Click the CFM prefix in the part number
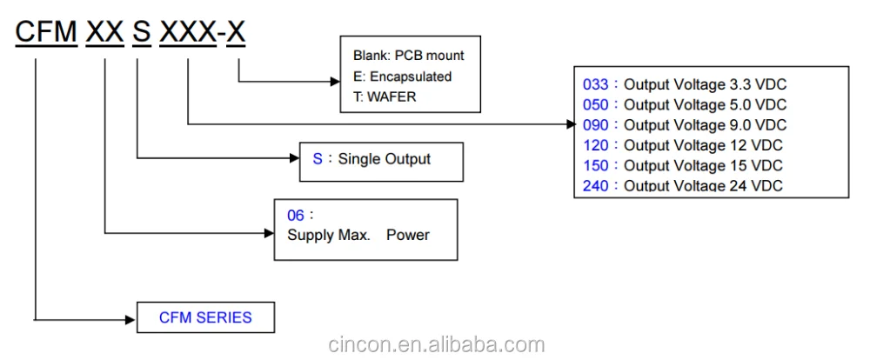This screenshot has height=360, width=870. click(x=46, y=31)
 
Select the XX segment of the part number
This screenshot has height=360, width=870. click(x=105, y=31)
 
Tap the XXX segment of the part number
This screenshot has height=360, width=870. click(x=188, y=31)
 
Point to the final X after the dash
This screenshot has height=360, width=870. click(x=237, y=31)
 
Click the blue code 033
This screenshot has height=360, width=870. click(x=595, y=85)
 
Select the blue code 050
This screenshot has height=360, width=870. click(x=595, y=105)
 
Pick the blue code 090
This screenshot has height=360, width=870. click(x=595, y=125)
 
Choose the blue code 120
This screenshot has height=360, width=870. click(x=595, y=145)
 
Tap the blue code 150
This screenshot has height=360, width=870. click(x=595, y=165)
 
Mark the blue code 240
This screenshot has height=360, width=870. click(x=595, y=186)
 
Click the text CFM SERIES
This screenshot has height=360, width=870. click(x=205, y=318)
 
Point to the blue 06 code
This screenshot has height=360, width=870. click(x=296, y=216)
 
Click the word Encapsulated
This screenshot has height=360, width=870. click(x=411, y=77)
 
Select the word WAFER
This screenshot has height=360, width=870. click(x=391, y=97)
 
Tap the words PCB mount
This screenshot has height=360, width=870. click(x=430, y=56)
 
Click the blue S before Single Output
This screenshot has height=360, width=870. click(x=318, y=159)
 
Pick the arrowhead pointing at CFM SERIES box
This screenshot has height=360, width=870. click(x=131, y=320)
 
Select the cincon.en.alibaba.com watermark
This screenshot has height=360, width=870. click(x=436, y=344)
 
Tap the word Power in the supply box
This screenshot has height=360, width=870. click(x=408, y=235)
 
